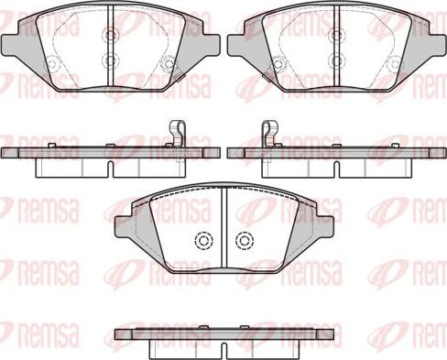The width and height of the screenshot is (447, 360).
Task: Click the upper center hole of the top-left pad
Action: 110,38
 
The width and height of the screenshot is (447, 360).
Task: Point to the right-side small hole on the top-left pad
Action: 169,63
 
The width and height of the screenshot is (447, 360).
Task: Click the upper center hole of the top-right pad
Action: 334,38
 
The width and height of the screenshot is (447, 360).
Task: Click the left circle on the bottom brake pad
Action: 202,241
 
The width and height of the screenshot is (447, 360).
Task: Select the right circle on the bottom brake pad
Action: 244,241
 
